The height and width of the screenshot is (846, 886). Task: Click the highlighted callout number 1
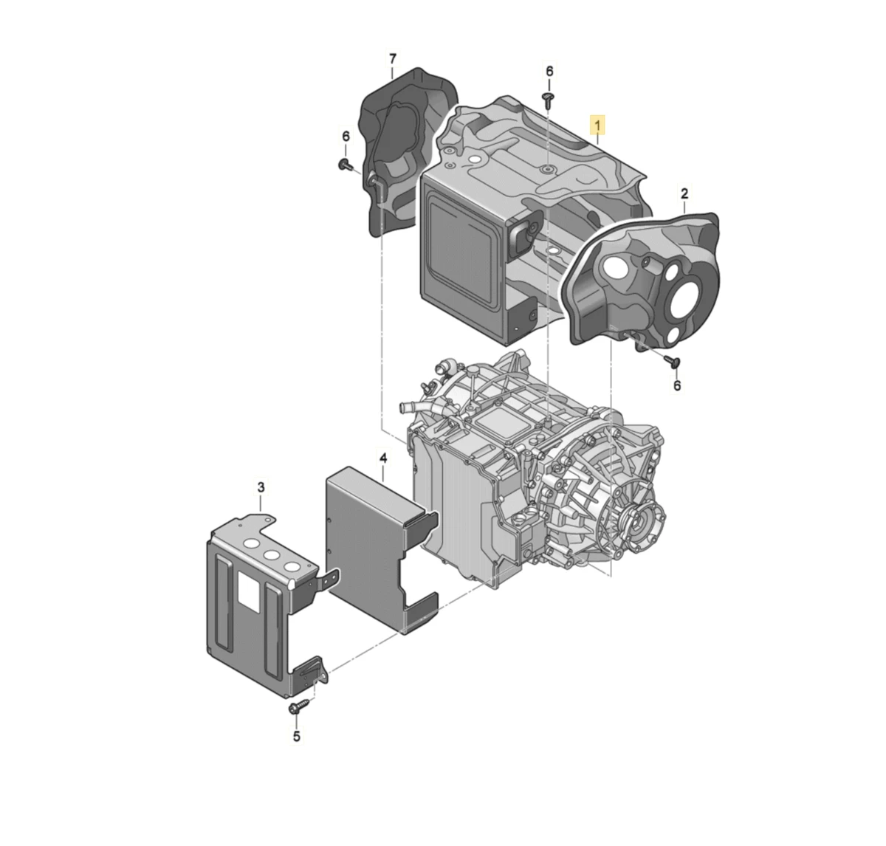[x=597, y=125]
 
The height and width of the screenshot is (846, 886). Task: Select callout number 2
[x=684, y=193]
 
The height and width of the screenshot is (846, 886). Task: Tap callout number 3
[x=261, y=487]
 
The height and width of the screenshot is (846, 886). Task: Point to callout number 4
[x=383, y=458]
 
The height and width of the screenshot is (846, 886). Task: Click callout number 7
[x=393, y=59]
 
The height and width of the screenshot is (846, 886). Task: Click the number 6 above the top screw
[x=549, y=71]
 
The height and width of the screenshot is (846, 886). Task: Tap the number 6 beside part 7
[x=346, y=136]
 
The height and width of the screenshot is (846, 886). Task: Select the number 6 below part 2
[x=677, y=385]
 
